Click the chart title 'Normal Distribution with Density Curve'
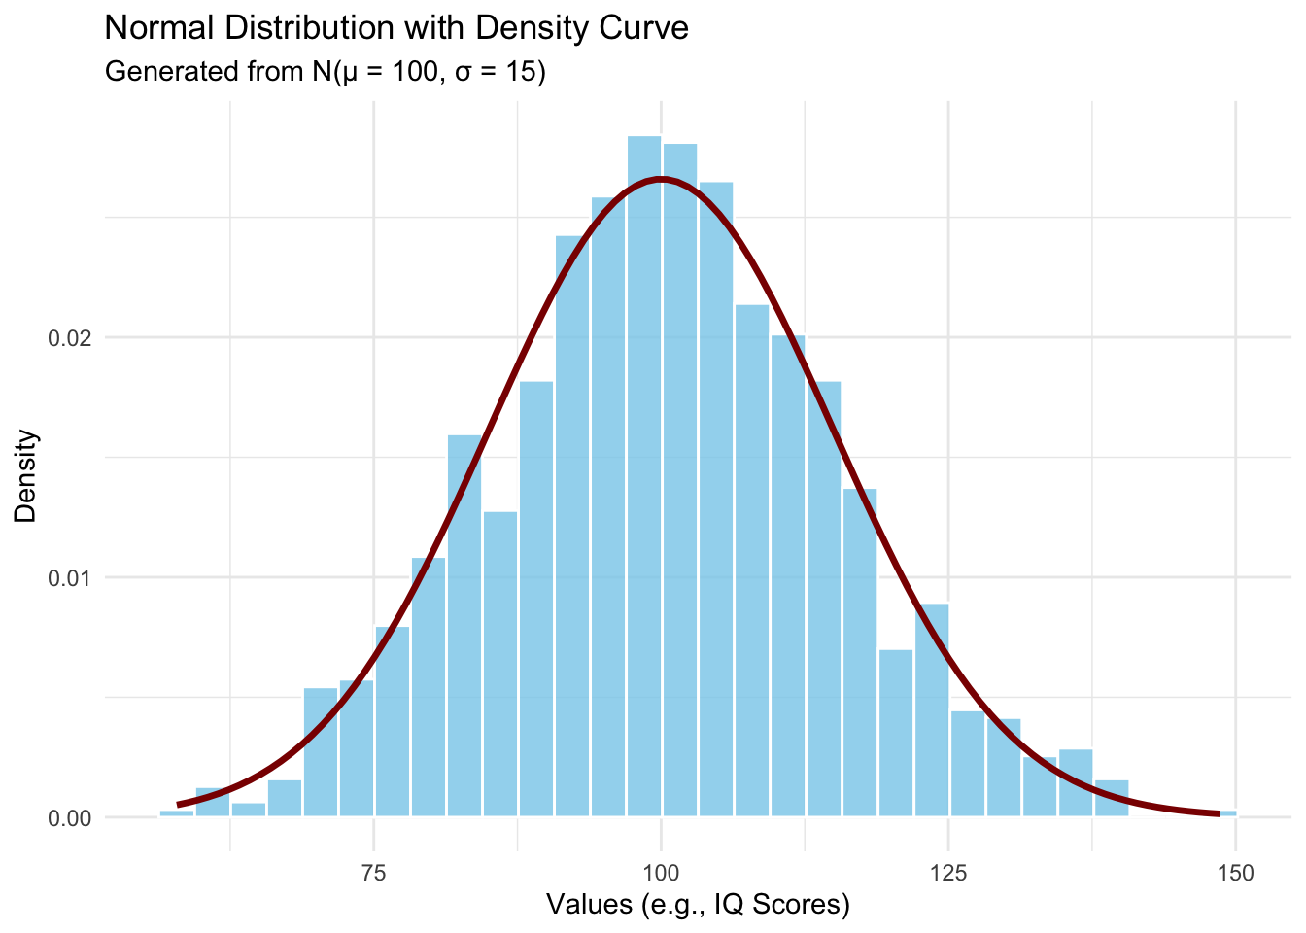click(x=396, y=28)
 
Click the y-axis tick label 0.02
click(x=71, y=338)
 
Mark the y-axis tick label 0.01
click(x=71, y=578)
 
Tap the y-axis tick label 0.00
click(x=71, y=818)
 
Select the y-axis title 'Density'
click(x=26, y=476)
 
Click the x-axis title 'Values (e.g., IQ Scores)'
click(x=698, y=906)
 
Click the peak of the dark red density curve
click(x=661, y=179)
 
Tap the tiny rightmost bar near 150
click(x=1228, y=813)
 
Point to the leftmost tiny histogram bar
click(x=177, y=813)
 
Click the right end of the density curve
click(x=1218, y=813)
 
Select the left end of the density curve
click(x=179, y=805)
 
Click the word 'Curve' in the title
click(x=645, y=28)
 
